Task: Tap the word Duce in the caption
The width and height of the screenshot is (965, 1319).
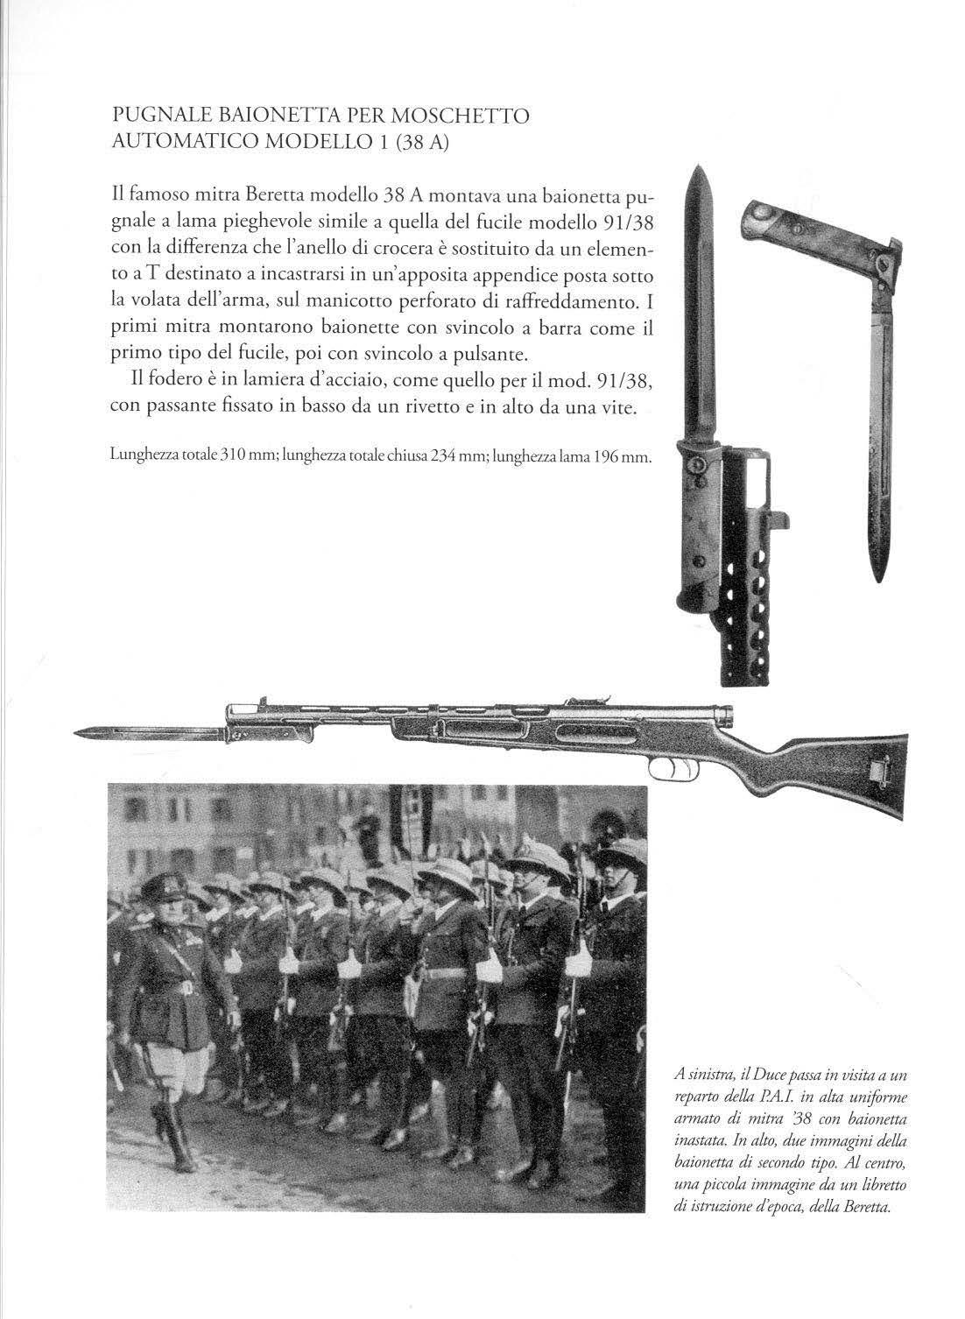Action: pos(772,1076)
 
